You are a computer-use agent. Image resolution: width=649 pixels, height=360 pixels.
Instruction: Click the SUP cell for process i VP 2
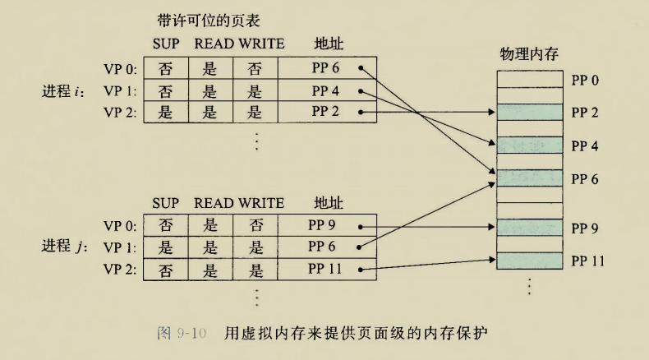tap(166, 113)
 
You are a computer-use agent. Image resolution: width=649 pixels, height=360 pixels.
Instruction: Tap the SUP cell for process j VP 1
tap(166, 246)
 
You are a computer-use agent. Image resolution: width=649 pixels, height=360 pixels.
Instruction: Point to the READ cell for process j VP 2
tap(209, 268)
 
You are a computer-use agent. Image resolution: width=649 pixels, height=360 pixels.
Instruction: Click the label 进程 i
tap(62, 90)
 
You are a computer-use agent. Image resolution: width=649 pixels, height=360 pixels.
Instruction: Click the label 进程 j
tap(62, 247)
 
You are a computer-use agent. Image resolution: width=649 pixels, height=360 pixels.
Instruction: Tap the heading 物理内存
tap(529, 54)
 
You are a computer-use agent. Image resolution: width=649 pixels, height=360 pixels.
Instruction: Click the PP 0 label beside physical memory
tap(586, 81)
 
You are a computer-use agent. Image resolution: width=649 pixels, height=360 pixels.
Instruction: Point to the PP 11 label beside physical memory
tap(588, 261)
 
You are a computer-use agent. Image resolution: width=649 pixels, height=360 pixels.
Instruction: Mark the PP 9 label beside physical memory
tap(586, 228)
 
